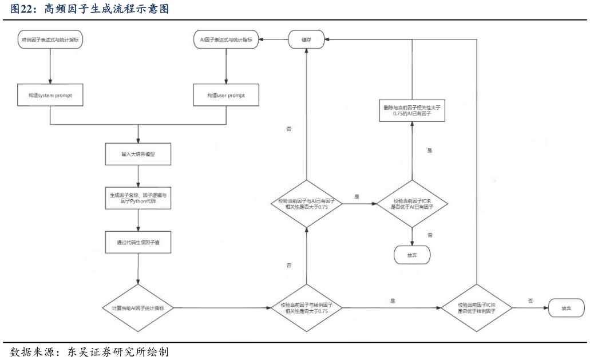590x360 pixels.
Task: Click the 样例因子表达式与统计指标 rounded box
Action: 50,39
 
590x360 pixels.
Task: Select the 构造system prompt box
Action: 50,95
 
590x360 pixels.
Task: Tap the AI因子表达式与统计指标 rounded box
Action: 226,39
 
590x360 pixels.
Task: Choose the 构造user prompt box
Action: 226,95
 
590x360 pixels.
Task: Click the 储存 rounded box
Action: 306,39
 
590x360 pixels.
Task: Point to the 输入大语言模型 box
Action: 138,154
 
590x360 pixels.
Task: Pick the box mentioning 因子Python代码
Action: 138,198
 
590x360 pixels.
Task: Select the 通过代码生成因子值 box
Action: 138,242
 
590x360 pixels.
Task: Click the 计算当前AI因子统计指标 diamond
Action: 138,308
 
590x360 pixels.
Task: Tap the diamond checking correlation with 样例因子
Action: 306,308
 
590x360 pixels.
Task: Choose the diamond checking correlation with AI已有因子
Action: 306,204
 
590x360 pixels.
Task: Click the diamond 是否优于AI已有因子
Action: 412,204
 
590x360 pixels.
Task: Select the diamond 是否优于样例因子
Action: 476,308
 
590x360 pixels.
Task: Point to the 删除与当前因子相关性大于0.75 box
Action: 412,110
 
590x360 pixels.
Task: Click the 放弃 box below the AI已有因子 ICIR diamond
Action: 412,255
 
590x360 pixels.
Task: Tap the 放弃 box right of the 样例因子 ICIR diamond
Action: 567,308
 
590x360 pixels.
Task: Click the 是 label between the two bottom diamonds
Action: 393,301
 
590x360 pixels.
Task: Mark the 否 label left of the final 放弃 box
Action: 530,301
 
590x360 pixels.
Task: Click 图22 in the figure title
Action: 21,9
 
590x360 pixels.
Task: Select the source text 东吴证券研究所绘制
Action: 118,352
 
